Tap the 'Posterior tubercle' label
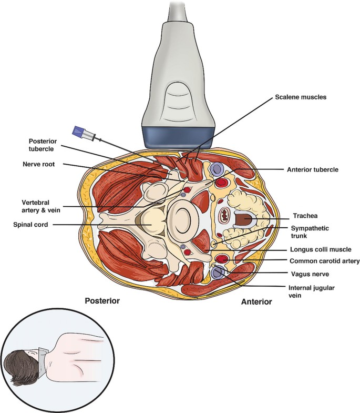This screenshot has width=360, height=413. click(45, 145)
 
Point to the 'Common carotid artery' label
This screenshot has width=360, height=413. click(324, 261)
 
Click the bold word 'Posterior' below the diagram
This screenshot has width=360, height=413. click(103, 301)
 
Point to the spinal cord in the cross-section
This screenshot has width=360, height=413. click(153, 224)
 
